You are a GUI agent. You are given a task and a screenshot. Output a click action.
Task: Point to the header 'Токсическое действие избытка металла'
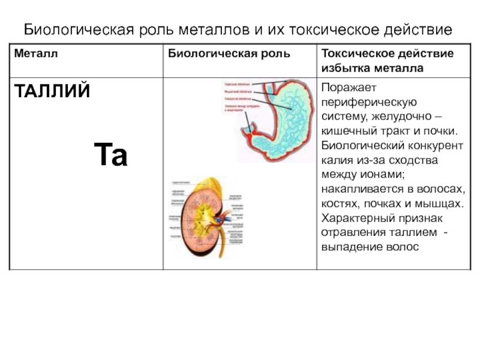388,61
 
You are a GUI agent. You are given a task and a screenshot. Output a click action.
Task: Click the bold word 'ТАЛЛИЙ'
52,92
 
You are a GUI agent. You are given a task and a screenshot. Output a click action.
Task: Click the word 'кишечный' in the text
348,131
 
